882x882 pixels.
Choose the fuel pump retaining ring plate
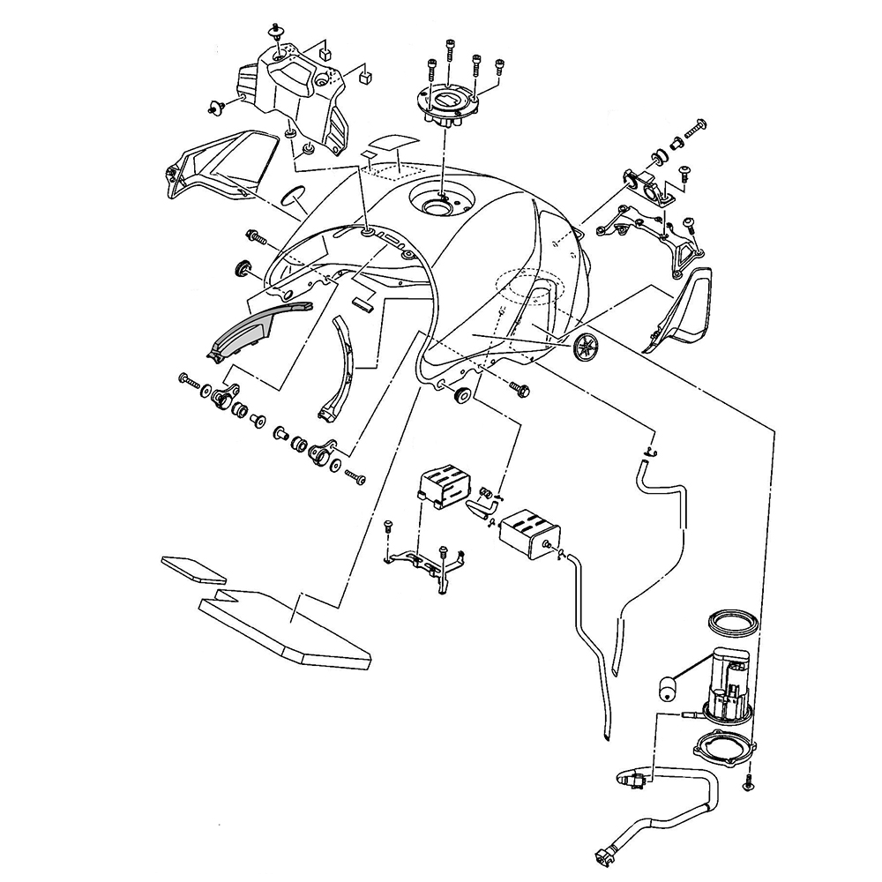726,752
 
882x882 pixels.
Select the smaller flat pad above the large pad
194,568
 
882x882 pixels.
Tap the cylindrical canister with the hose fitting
527,531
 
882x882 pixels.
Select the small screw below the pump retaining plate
748,781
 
